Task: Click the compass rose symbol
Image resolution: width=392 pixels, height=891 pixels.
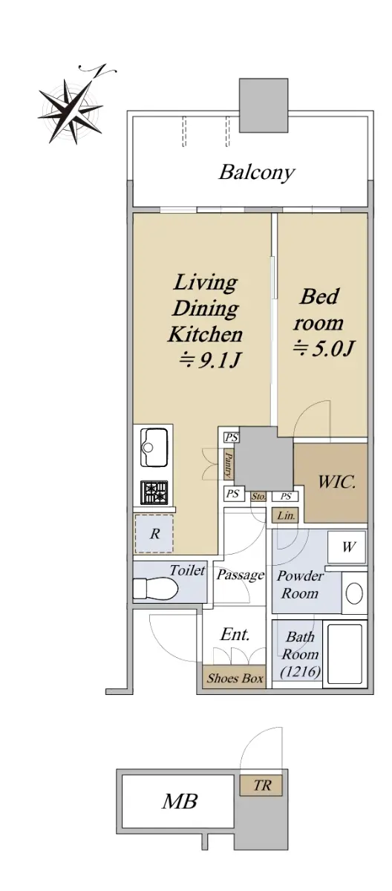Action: [x=71, y=108]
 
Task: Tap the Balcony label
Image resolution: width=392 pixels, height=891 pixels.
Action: [x=257, y=173]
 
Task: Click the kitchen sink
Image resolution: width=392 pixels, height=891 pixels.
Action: [x=154, y=447]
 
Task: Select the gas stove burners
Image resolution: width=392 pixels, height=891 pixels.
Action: [x=154, y=492]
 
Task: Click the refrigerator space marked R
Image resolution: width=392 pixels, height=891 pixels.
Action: [x=154, y=534]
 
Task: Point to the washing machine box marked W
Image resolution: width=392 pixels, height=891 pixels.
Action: [x=347, y=547]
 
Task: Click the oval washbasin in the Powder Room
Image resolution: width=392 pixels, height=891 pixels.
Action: [x=354, y=593]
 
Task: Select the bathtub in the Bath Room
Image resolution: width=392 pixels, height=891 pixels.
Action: [x=344, y=654]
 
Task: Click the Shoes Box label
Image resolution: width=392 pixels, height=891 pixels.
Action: [x=235, y=678]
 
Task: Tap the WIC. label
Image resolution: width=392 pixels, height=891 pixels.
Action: [x=336, y=483]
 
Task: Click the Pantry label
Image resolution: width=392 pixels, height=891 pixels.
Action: [x=229, y=464]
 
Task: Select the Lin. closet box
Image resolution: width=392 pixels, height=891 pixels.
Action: [x=285, y=516]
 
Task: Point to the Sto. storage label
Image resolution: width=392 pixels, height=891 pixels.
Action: [x=258, y=497]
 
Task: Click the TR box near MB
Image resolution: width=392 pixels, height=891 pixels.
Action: [x=261, y=786]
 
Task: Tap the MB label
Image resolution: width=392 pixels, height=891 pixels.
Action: [x=180, y=801]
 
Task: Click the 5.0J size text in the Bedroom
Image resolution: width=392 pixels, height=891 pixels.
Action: [x=323, y=349]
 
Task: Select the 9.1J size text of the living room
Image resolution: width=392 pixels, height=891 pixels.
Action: [x=210, y=360]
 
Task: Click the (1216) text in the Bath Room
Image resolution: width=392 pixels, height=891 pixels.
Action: [x=300, y=672]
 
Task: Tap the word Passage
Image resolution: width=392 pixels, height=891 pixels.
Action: [x=241, y=575]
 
